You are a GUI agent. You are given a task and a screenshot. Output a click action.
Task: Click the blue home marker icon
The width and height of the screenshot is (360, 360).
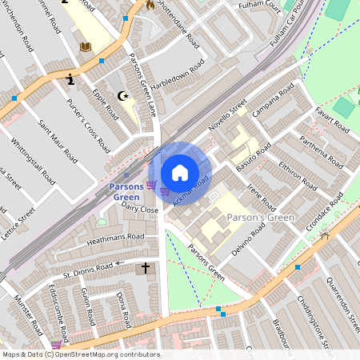coord(180,173)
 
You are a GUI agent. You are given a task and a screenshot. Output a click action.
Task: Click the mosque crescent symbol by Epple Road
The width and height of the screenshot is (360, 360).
coord(122,96)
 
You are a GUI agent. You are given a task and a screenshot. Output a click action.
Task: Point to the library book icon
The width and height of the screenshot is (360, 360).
coord(85,48)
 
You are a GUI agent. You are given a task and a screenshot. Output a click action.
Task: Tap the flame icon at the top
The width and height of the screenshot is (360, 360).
coord(149,5)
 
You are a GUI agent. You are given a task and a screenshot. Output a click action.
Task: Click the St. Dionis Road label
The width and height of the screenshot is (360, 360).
coord(84,267)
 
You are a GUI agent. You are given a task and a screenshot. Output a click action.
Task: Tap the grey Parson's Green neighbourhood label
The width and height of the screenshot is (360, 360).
coord(261,218)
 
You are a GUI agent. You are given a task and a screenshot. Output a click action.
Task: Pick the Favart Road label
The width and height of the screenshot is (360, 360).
coord(332,120)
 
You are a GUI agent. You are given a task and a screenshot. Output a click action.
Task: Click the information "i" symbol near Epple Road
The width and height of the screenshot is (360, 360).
coord(72,79)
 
